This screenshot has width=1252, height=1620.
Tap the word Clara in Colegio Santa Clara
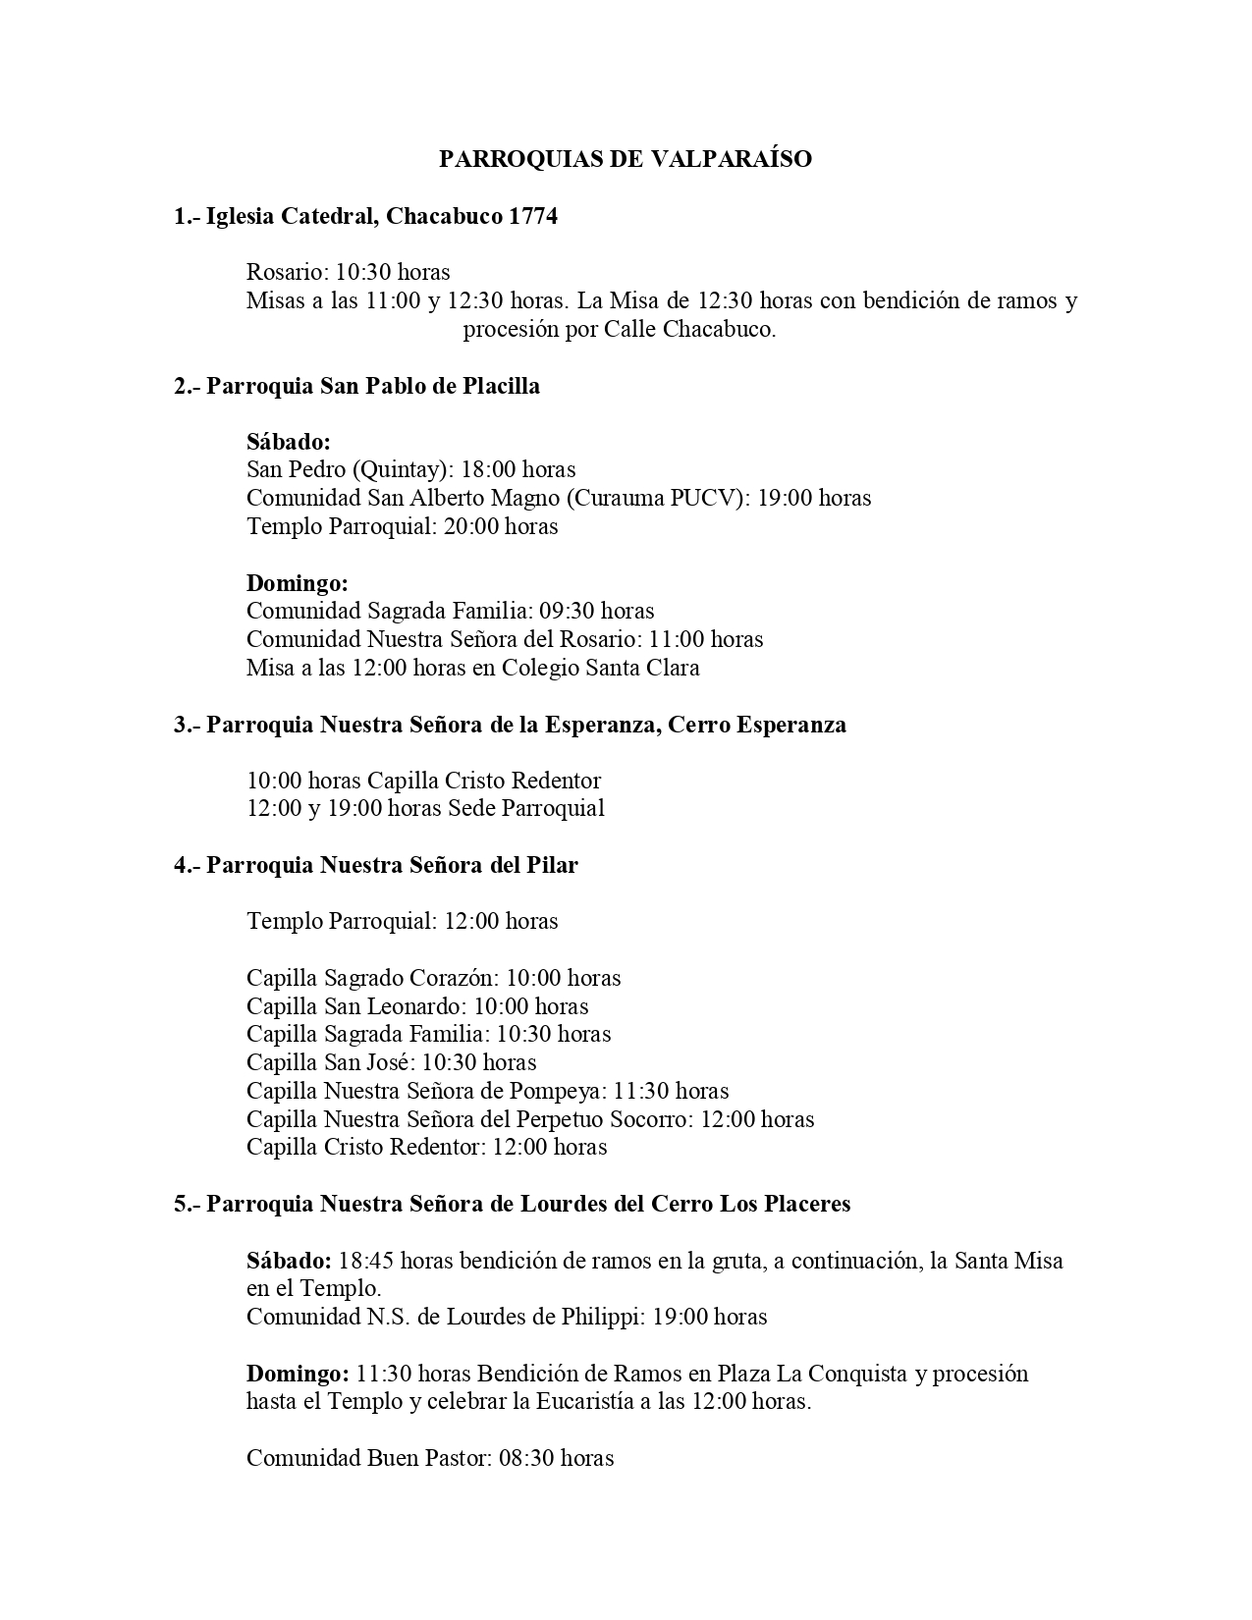[x=673, y=668]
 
